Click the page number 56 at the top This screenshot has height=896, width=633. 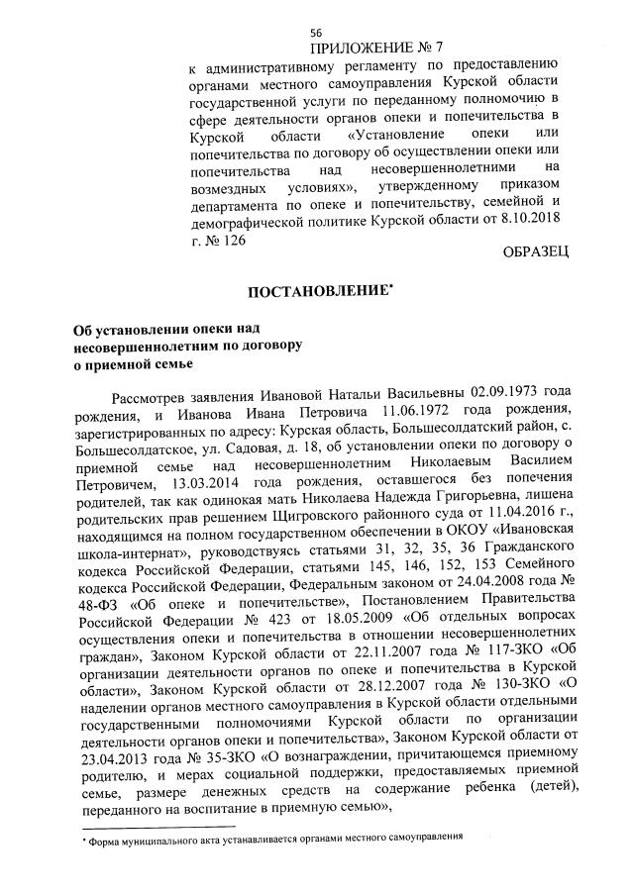coord(316,33)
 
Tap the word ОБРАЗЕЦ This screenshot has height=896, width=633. coord(536,253)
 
